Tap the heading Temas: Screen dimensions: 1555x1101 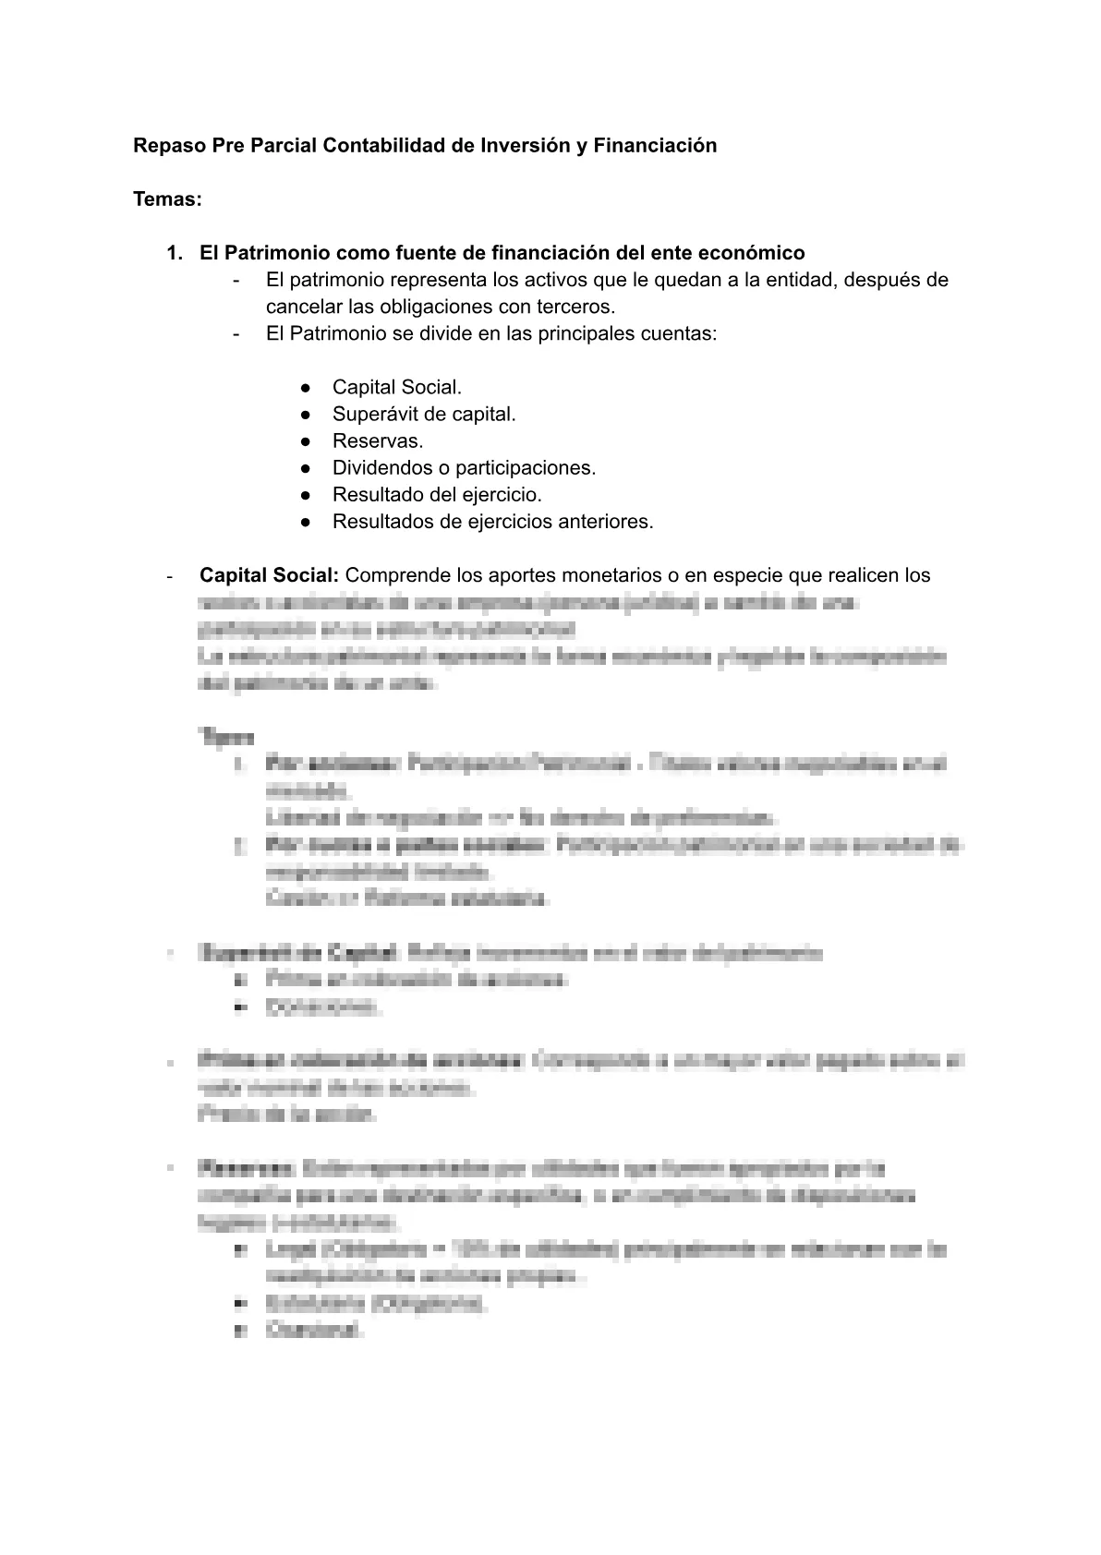click(167, 199)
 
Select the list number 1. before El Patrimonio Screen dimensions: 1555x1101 click(175, 253)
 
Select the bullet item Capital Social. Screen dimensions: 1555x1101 click(397, 388)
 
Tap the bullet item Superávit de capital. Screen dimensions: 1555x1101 click(424, 415)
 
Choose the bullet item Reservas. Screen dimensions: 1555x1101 click(378, 441)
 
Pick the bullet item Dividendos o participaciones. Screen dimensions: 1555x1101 click(464, 468)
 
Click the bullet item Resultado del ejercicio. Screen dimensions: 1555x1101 click(437, 495)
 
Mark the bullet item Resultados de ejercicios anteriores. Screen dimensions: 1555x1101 click(492, 522)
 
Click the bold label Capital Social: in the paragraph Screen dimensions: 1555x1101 click(270, 575)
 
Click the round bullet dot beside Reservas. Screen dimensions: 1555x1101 click(306, 441)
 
